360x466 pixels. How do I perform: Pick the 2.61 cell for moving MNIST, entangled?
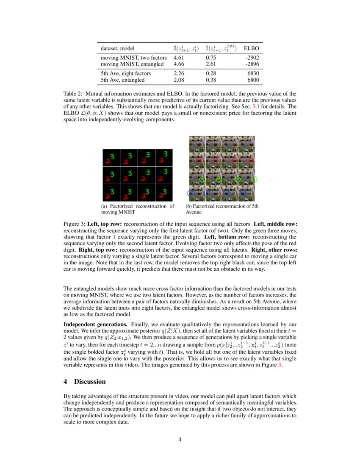coord(212,64)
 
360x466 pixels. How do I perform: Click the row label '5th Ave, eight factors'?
coord(126,73)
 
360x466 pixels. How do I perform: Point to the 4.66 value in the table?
coord(180,64)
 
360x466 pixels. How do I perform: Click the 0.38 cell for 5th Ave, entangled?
coord(212,80)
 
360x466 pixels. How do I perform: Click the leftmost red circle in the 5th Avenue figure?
coord(199,161)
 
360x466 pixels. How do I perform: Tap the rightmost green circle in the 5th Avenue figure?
coord(254,179)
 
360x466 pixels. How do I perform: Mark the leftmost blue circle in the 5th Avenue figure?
coord(190,193)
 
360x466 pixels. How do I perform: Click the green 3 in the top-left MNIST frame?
coord(112,156)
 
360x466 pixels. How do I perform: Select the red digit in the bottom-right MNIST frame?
coord(161,195)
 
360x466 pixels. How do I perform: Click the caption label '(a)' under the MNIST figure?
coord(105,206)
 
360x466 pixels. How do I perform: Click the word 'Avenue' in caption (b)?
coord(195,212)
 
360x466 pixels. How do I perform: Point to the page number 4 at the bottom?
coord(180,439)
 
